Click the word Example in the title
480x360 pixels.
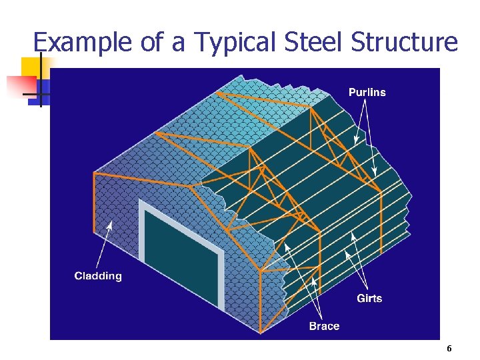point(83,43)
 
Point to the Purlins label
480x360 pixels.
point(367,92)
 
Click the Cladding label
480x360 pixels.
point(98,276)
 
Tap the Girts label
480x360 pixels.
point(369,298)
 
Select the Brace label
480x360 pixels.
point(324,326)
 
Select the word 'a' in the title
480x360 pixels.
point(179,43)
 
